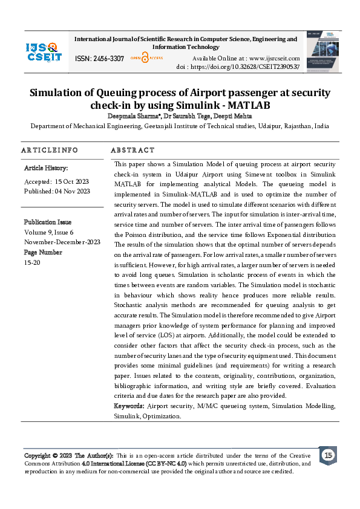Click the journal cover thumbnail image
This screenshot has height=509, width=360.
pyautogui.click(x=322, y=52)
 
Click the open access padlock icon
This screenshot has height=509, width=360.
pyautogui.click(x=145, y=59)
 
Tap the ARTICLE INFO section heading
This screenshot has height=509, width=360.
pyautogui.click(x=50, y=150)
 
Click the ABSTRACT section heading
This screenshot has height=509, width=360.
pyautogui.click(x=133, y=150)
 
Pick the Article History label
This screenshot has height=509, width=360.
pyautogui.click(x=46, y=168)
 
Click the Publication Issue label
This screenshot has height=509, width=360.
pyautogui.click(x=48, y=222)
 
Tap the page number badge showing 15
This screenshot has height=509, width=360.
pyautogui.click(x=328, y=455)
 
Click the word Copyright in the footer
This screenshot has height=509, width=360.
pyautogui.click(x=37, y=455)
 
